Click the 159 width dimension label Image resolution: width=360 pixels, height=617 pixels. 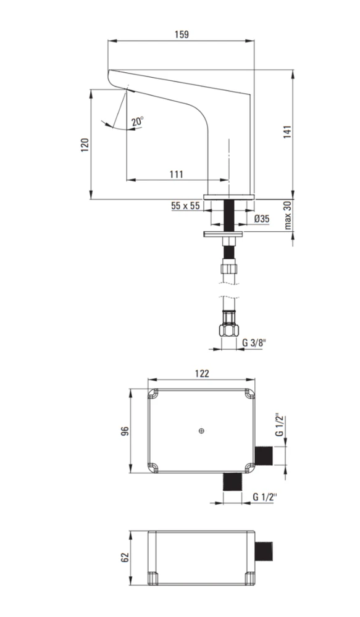pos(182,34)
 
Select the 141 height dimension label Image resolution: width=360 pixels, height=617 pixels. pos(288,132)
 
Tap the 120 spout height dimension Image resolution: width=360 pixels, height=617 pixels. pos(85,145)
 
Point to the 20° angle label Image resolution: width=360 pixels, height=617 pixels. pos(138,121)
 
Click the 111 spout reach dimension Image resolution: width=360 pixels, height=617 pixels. pos(176,174)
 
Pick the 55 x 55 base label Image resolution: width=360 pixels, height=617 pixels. pos(185,206)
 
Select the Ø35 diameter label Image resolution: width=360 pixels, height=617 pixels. pos(262,219)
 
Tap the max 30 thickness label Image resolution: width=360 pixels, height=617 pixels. pos(288,215)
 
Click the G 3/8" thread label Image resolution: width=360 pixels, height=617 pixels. pos(254,342)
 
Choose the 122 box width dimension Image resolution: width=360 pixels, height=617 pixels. pos(202,373)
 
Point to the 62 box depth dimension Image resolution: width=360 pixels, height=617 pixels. pos(125,557)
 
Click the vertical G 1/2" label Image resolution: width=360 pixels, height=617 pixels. pos(280,424)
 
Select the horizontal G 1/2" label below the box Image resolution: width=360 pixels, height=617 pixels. pos(265,497)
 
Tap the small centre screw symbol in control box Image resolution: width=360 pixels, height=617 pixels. pos(202,431)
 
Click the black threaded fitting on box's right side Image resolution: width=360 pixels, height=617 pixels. pos(264,456)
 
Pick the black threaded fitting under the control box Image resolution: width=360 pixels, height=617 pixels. pos(232,482)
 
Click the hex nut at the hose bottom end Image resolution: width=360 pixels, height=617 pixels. pos(230,329)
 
